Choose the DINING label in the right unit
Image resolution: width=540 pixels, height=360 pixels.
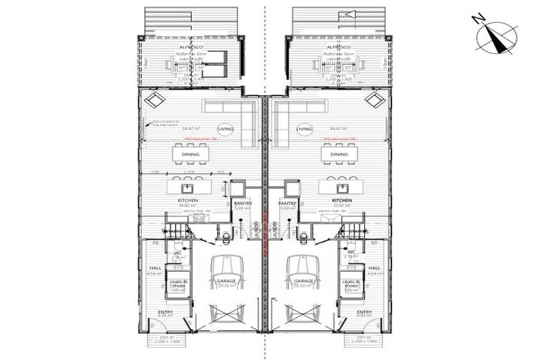[339, 154]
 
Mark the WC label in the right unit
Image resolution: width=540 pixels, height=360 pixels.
[349, 253]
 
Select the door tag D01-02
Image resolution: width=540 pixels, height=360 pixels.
[356, 337]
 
